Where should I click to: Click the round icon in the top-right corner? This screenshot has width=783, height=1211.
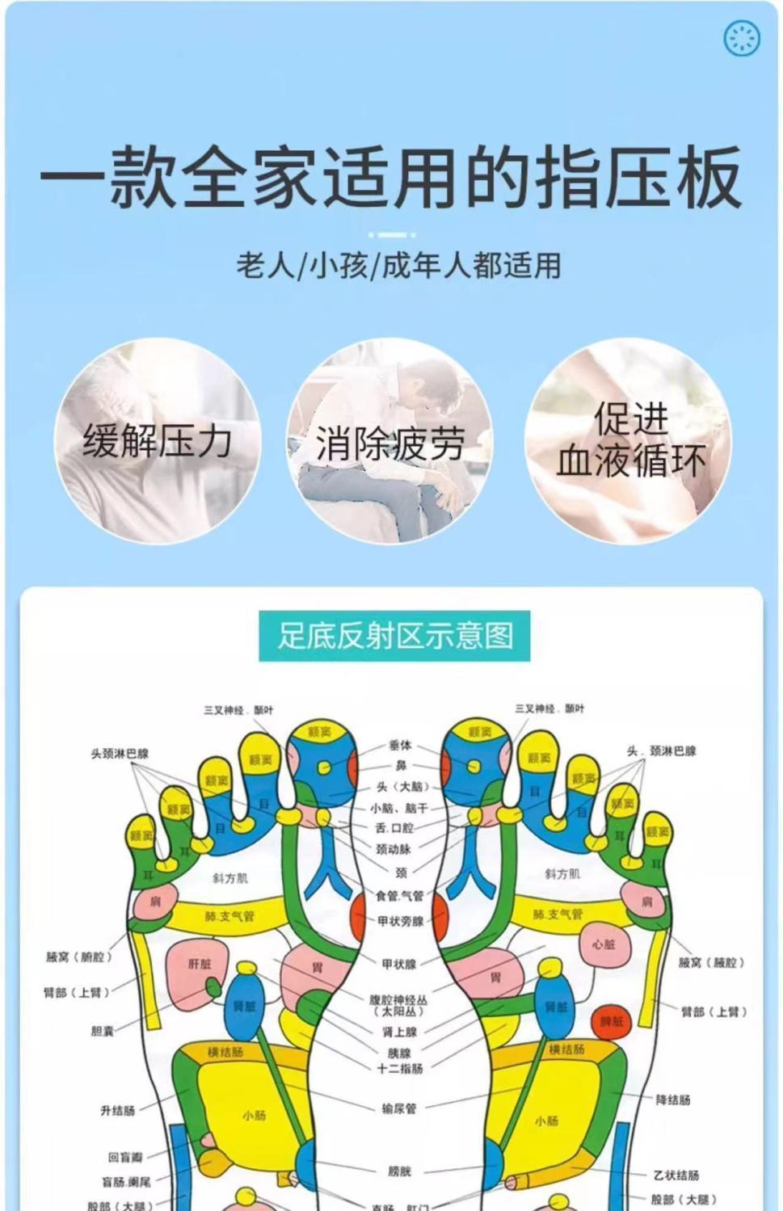coord(742,38)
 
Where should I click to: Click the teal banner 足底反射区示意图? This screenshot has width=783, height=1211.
coord(394,636)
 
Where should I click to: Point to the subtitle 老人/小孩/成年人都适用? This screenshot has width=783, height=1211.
coord(398,266)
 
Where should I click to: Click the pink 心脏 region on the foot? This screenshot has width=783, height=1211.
coord(604,944)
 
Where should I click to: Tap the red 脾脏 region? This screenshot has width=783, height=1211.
coord(612,1021)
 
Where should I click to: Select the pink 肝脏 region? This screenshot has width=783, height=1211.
coord(199,964)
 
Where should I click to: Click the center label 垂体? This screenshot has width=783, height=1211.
coord(400,746)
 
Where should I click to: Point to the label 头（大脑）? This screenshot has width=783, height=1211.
coord(402,787)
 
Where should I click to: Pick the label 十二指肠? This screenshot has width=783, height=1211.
coord(400,1068)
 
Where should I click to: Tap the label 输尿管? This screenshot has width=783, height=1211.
coord(399,1108)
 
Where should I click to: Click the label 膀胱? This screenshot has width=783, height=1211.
coord(399,1171)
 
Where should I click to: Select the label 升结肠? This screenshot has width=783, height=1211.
coord(118,1110)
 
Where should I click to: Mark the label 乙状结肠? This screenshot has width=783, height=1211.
coord(676,1175)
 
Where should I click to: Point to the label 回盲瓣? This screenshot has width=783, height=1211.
coord(125,1158)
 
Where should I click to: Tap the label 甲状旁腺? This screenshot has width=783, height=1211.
coord(401,920)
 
